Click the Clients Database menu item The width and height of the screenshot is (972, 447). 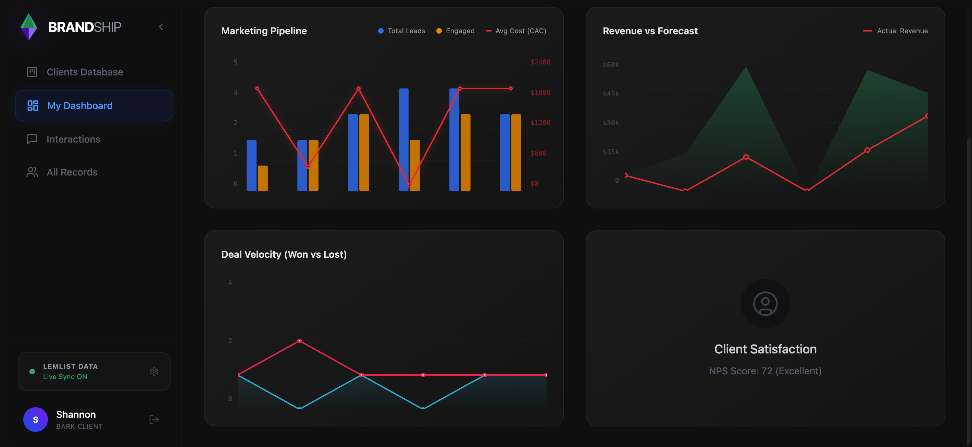85,72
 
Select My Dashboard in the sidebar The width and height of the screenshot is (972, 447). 79,106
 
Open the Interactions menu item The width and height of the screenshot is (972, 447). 73,139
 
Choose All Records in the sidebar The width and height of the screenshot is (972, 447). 72,172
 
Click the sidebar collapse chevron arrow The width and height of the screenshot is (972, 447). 161,27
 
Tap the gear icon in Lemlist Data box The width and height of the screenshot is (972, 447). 154,372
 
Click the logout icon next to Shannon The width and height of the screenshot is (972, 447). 154,420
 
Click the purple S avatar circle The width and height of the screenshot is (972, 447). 36,420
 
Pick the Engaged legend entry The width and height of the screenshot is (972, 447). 456,31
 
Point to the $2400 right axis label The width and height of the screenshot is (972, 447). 540,62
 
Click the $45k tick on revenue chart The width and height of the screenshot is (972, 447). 611,94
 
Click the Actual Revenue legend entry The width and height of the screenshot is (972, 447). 896,31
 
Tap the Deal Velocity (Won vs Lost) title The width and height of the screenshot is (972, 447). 284,254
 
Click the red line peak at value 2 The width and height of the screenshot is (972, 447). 299,340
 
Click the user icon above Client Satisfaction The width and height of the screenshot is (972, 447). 765,303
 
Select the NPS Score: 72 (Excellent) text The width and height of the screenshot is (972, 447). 765,371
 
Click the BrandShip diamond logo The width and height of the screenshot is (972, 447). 29,27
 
